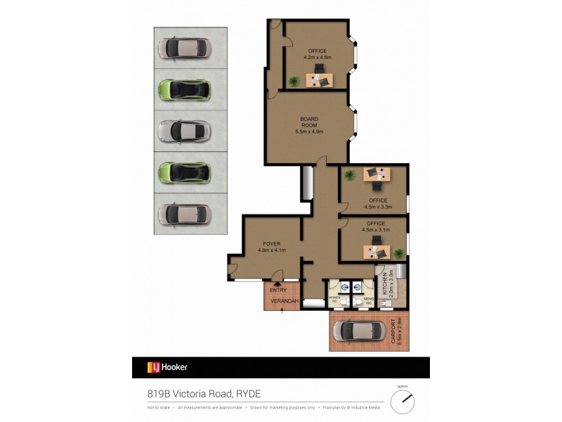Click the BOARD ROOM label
309,122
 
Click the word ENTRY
277,290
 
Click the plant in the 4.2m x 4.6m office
294,81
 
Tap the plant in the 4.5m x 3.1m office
399,252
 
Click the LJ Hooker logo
167,367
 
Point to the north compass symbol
403,401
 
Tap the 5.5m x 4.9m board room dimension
309,132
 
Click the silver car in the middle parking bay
183,131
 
